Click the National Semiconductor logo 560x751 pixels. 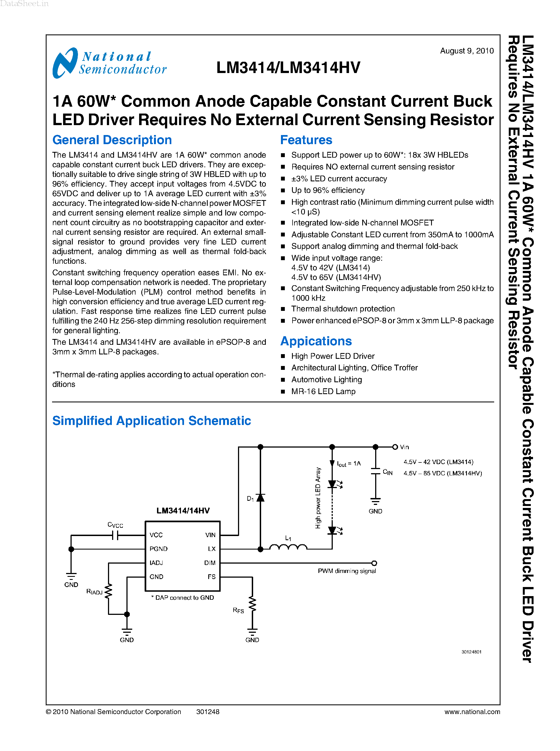[x=109, y=63]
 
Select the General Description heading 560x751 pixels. [x=112, y=140]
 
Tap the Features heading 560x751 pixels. [x=306, y=140]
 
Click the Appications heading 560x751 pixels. [x=316, y=341]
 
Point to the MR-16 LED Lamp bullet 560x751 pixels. [x=323, y=391]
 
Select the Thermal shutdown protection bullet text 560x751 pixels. [x=343, y=309]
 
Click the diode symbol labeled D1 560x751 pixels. [x=260, y=498]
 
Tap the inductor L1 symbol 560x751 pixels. [x=288, y=547]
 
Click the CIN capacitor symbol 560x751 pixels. [x=375, y=471]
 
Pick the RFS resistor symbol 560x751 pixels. [x=252, y=604]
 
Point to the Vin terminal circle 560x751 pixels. [x=395, y=447]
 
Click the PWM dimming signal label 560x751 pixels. [x=347, y=571]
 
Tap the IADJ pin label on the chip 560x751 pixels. [x=156, y=563]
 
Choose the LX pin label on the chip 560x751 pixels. [x=212, y=549]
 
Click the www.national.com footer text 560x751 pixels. [x=472, y=711]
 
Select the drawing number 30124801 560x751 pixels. [x=471, y=652]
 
